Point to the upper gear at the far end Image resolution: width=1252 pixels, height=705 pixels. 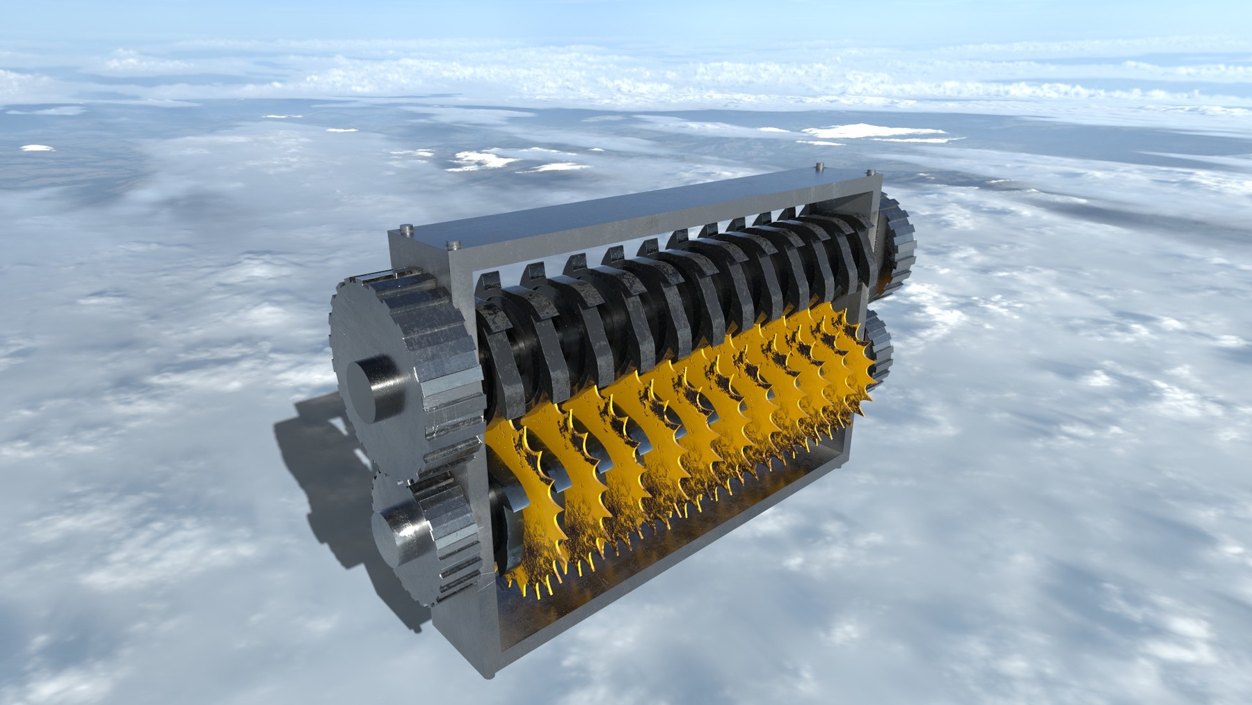coord(897,244)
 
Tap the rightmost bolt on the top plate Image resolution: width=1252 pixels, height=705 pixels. coord(870,171)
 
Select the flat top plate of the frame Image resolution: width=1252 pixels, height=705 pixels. coord(626,209)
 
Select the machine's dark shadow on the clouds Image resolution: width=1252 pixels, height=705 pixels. coord(320,487)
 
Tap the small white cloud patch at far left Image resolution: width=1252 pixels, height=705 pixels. coord(36,148)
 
